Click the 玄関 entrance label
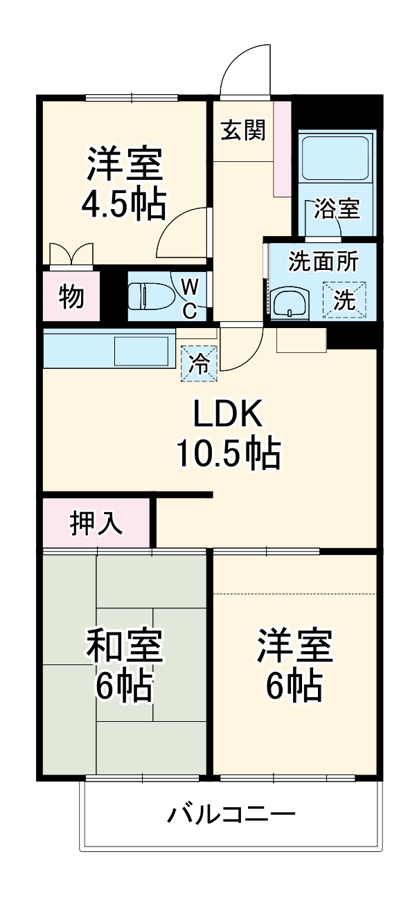(x=242, y=129)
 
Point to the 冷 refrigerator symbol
(x=199, y=363)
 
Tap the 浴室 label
(x=337, y=208)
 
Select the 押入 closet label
(x=96, y=523)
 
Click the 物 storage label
(x=71, y=296)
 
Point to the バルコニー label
(x=231, y=813)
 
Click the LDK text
(x=227, y=415)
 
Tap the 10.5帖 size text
(x=227, y=454)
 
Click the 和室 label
(x=125, y=644)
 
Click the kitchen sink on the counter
(x=141, y=351)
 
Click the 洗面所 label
(x=323, y=262)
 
